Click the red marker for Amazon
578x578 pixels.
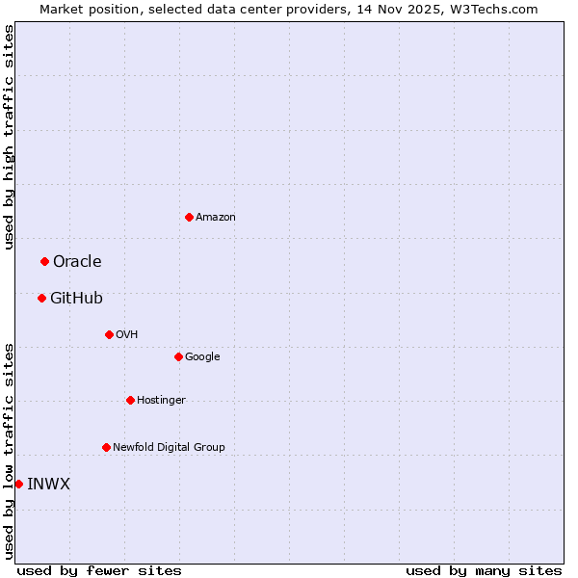[189, 217]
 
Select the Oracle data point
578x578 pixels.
[44, 261]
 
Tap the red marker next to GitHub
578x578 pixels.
[41, 298]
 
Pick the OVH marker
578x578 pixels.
[109, 334]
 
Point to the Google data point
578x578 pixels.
[178, 356]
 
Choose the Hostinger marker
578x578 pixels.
[130, 400]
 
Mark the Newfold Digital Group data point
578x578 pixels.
[106, 447]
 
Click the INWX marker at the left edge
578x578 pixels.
[18, 484]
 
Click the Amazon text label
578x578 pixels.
[215, 218]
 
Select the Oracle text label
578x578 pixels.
[77, 262]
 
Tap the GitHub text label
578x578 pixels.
[76, 299]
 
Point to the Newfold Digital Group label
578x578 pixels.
[169, 447]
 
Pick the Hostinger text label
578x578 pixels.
[161, 400]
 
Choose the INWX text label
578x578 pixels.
[48, 485]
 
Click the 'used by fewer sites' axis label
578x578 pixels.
[99, 570]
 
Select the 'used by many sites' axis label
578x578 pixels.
[484, 570]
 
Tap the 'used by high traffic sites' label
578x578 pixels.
[9, 137]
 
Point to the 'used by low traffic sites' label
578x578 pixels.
[9, 451]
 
